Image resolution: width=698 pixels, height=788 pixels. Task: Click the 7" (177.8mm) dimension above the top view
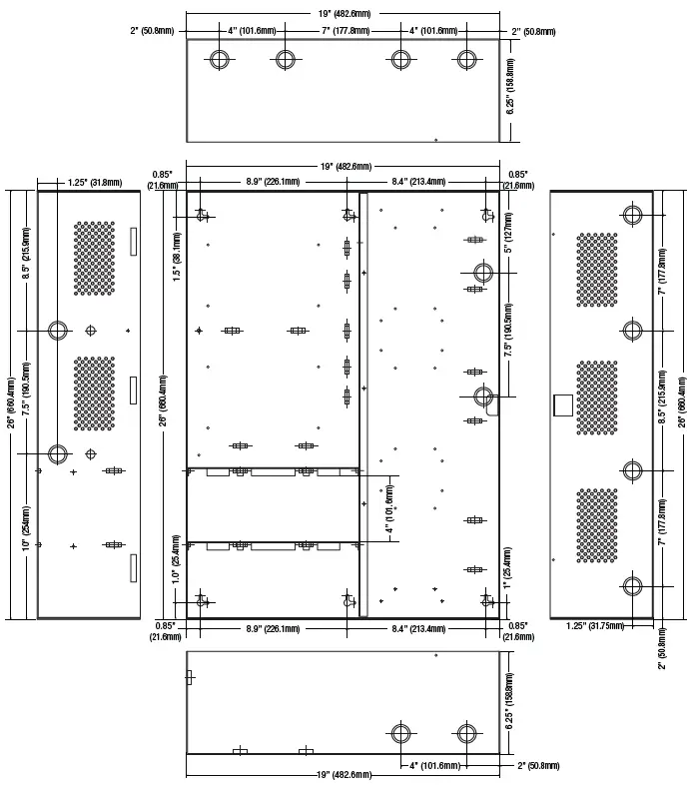coord(346,31)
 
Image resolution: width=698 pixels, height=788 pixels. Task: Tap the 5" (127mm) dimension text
coord(508,232)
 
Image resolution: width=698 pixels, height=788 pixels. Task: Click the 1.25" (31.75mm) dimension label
coord(595,625)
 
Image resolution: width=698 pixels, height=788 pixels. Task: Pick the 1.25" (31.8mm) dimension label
coord(95,183)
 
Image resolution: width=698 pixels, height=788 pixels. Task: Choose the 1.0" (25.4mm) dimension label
coord(176,559)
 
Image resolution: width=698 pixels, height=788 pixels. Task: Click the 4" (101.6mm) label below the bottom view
coord(434,765)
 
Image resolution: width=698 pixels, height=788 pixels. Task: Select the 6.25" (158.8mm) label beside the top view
coord(510,87)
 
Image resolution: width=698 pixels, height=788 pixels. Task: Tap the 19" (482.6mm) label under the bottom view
coord(344,774)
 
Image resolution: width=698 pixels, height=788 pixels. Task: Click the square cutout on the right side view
coord(563,405)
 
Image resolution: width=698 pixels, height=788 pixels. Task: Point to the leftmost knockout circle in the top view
coord(219,59)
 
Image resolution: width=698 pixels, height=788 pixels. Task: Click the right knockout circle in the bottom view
coord(467,733)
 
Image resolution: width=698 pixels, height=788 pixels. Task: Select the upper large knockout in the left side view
coord(58,331)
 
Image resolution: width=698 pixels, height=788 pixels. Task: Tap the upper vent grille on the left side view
coord(94,259)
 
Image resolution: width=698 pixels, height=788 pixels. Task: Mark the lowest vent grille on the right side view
coord(596,525)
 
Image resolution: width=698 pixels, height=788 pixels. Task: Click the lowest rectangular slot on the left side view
coord(133,568)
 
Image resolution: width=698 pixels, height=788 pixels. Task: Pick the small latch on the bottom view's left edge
coord(189,677)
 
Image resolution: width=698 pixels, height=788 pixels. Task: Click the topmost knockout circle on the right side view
coord(633,215)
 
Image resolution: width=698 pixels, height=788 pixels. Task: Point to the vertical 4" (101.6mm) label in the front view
coord(390,508)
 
